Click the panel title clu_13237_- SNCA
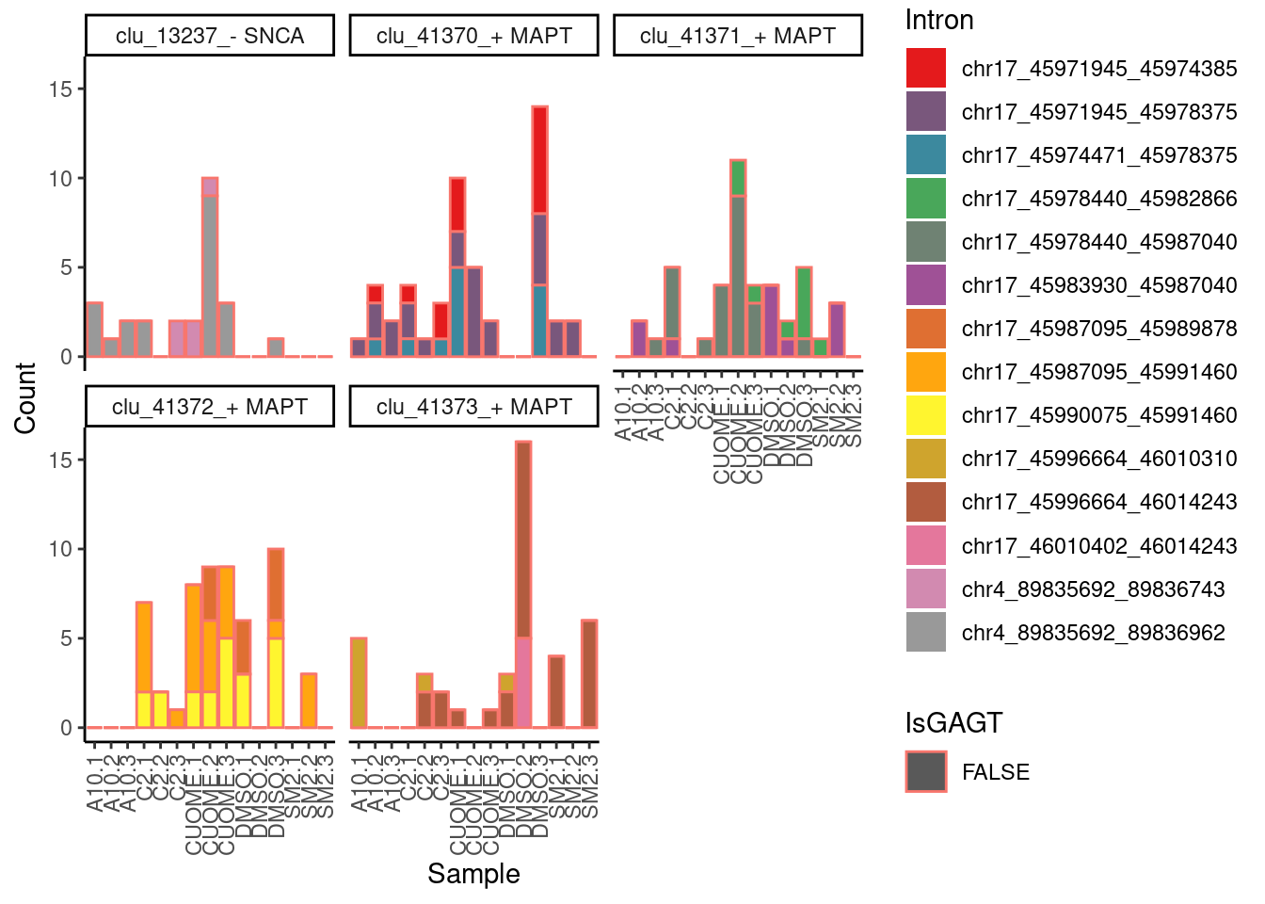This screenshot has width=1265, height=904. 210,36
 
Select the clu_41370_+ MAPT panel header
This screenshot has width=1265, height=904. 473,36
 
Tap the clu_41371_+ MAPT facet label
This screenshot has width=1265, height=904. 737,36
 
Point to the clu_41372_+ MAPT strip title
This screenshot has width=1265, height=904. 210,407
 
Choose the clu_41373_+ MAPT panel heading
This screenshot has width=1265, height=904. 473,407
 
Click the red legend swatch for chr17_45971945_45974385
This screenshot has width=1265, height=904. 925,69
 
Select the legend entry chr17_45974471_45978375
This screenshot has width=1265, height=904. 1098,155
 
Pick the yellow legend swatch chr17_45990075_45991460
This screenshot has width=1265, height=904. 925,415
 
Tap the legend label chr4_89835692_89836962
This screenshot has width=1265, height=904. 1093,633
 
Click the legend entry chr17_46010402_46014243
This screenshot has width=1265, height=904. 1098,546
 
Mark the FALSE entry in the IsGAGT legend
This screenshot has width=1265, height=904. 995,772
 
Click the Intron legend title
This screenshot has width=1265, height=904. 938,20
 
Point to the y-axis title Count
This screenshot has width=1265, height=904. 25,397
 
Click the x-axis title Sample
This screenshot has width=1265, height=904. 473,874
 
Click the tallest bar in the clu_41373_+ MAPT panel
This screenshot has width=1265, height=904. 523,584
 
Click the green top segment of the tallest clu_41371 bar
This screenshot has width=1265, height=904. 738,178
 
